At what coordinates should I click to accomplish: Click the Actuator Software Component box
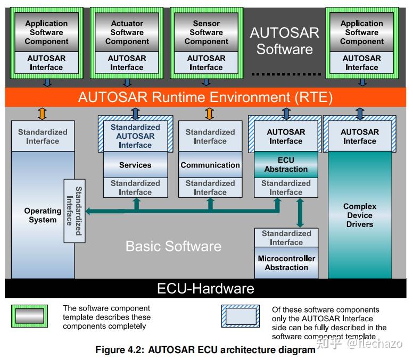click(127, 32)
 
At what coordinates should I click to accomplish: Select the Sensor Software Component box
click(206, 32)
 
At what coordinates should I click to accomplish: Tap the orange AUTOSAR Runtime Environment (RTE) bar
click(205, 97)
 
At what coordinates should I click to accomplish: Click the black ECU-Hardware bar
click(205, 289)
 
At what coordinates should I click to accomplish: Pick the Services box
click(135, 165)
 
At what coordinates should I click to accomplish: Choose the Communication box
click(210, 165)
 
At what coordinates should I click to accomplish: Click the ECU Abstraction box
click(286, 165)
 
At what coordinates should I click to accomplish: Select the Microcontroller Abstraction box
click(286, 263)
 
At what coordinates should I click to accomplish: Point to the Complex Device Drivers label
click(360, 215)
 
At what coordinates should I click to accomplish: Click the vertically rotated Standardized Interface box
click(74, 211)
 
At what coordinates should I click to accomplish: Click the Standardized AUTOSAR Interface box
click(135, 136)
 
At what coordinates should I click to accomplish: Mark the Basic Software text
click(173, 246)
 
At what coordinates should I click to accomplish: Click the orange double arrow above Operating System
click(42, 113)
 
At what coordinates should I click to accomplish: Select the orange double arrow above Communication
click(210, 113)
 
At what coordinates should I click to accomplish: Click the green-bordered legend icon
click(29, 316)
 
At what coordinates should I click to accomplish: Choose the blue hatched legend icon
click(241, 316)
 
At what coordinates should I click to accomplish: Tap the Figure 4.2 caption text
click(205, 350)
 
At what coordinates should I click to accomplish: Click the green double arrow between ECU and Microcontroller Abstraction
click(300, 213)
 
